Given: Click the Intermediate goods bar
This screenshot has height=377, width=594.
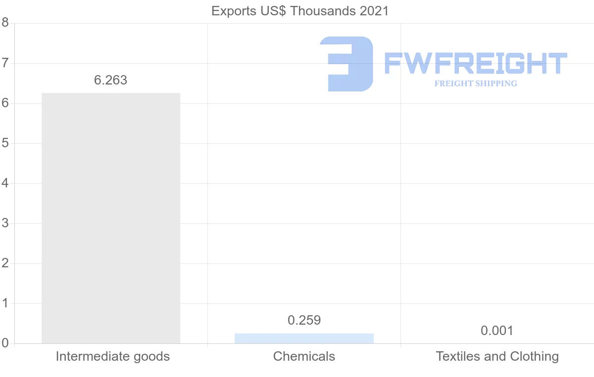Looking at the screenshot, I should click(111, 218).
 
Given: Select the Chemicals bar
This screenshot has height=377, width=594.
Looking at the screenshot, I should click(304, 338).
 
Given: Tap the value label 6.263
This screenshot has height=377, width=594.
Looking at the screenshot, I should click(111, 80).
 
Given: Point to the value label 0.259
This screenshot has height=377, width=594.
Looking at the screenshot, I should click(304, 320).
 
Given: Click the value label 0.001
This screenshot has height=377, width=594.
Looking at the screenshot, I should click(497, 331).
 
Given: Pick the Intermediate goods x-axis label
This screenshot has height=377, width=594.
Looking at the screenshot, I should click(113, 356).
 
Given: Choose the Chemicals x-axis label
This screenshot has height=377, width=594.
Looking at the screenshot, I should click(304, 356).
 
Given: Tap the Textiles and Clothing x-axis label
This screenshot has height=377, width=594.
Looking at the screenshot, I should click(497, 356).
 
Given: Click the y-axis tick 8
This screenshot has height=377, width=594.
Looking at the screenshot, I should click(5, 23).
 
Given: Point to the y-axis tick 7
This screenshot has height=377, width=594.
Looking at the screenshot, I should click(5, 63).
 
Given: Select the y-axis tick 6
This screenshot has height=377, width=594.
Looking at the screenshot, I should click(5, 103).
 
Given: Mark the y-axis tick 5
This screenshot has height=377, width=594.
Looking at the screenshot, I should click(5, 143).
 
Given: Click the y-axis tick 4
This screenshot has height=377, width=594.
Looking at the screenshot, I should click(5, 183).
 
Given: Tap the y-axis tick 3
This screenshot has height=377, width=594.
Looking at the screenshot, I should click(5, 223).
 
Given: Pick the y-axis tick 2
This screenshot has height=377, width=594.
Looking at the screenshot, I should click(5, 263).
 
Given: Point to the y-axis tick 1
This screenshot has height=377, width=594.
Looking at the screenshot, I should click(5, 303).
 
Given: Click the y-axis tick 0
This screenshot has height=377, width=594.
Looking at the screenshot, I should click(5, 343).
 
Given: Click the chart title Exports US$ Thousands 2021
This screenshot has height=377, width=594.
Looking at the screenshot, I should click(300, 11).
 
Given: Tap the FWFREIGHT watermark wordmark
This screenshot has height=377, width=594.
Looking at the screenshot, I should click(475, 63).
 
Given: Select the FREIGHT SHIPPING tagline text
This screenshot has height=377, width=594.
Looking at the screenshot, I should click(475, 84).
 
